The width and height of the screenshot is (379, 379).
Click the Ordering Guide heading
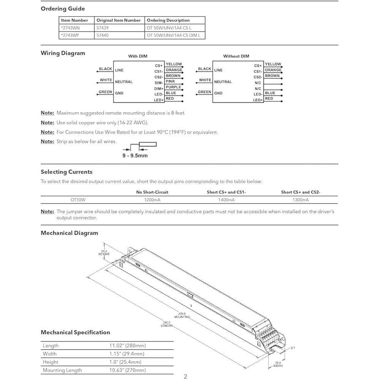[63, 9]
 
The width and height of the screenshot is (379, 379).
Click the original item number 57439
[102, 28]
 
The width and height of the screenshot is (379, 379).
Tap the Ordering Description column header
[168, 20]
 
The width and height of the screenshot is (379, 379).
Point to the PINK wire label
[170, 81]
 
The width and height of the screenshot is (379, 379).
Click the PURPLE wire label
[173, 87]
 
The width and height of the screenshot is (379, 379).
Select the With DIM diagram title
[138, 56]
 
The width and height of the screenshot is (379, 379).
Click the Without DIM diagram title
[236, 56]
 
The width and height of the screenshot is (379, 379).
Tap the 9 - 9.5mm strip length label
[135, 156]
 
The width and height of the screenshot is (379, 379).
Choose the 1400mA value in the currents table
[226, 200]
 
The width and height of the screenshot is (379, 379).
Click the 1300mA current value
[301, 200]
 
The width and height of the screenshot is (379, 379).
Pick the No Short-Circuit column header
[152, 192]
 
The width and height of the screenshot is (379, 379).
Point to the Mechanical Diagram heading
[69, 233]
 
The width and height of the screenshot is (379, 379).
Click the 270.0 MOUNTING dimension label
[182, 315]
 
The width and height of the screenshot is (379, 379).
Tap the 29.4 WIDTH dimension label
[278, 365]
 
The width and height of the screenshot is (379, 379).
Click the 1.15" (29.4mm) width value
[127, 354]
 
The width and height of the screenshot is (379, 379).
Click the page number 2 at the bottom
[185, 376]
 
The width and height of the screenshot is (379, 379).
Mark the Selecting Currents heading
[67, 172]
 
